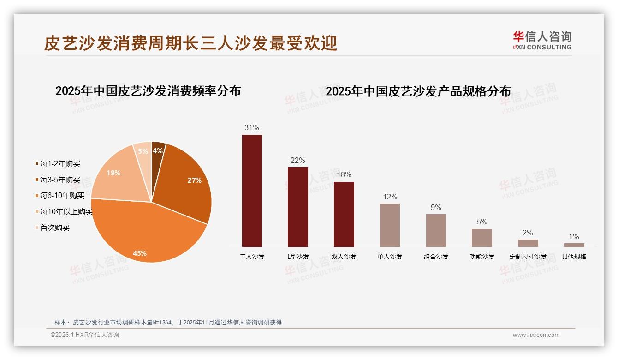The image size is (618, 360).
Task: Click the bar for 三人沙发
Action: click(x=252, y=191)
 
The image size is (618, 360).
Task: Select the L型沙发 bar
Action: click(x=297, y=207)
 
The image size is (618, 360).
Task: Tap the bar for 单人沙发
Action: click(x=390, y=225)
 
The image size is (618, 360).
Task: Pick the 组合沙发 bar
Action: click(x=436, y=230)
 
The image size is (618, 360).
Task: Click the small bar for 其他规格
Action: click(x=574, y=245)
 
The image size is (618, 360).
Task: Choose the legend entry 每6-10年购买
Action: click(x=62, y=196)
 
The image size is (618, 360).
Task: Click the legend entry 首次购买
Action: click(x=54, y=228)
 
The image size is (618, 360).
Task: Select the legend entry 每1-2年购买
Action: click(x=60, y=164)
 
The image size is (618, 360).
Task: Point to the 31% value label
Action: click(x=252, y=128)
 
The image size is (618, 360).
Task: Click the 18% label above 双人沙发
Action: click(x=344, y=175)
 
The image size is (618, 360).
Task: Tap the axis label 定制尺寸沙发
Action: click(x=528, y=257)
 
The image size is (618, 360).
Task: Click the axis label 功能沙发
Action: click(x=482, y=257)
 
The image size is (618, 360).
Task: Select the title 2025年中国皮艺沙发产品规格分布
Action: click(x=418, y=91)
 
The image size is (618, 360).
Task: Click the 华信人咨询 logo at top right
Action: click(x=542, y=40)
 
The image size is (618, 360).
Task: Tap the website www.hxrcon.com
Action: click(x=536, y=335)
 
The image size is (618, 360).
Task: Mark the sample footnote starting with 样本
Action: click(x=168, y=323)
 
